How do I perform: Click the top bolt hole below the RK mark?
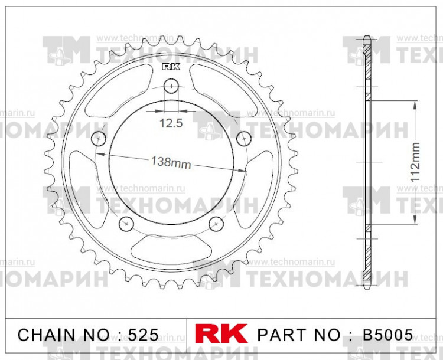click(x=171, y=86)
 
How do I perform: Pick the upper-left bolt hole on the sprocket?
click(x=99, y=139)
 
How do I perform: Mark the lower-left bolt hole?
click(x=126, y=223)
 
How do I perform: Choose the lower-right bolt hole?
click(x=217, y=223)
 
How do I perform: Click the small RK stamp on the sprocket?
click(x=171, y=67)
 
